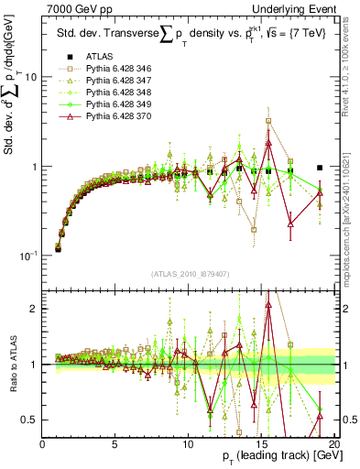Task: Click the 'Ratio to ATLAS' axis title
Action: click(12, 363)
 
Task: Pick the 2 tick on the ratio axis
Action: click(34, 309)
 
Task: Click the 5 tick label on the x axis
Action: click(115, 443)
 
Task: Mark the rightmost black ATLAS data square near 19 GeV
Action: click(320, 168)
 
